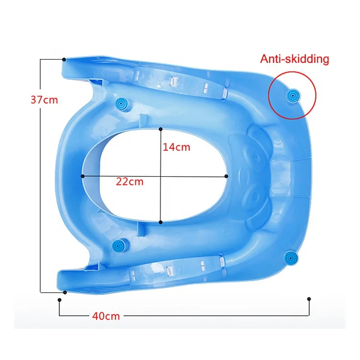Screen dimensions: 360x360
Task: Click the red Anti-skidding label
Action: [x=294, y=60]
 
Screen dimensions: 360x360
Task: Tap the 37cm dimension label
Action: [x=44, y=100]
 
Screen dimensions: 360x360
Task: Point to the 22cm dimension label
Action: [x=130, y=182]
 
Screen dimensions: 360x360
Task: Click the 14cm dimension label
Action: [x=176, y=147]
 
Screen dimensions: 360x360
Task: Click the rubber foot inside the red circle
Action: [x=292, y=96]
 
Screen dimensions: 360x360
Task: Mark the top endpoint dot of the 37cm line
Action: [x=64, y=59]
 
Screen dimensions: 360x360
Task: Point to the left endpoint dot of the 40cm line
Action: [x=59, y=300]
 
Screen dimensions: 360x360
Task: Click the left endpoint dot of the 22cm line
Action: [x=83, y=176]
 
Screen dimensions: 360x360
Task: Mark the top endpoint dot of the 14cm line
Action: [x=160, y=129]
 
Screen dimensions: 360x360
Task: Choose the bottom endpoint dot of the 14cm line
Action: [x=160, y=222]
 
